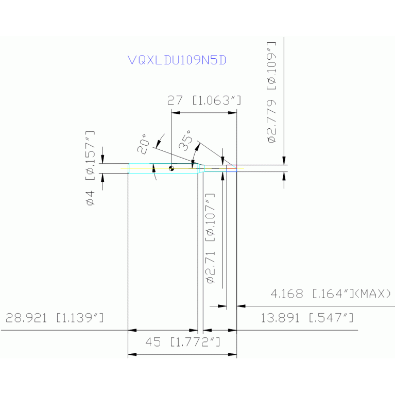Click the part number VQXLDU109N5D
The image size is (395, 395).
[177, 60]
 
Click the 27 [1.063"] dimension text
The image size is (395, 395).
[204, 100]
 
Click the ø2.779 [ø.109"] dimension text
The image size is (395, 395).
[271, 92]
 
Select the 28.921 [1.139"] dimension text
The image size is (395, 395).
[54, 318]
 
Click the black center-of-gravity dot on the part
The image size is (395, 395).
[171, 168]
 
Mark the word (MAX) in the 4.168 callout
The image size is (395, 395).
[373, 294]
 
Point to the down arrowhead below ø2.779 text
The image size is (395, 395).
[284, 161]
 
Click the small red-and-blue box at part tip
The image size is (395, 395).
[232, 167]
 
